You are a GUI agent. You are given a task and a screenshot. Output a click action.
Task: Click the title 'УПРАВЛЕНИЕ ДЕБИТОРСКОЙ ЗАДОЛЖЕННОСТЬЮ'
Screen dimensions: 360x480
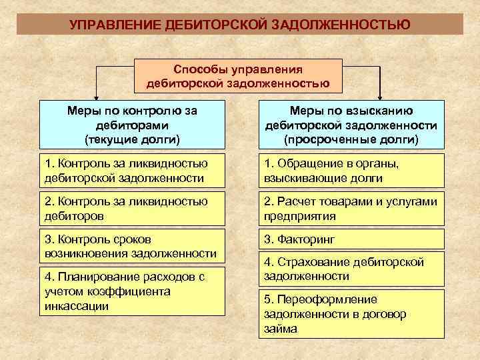[240, 25]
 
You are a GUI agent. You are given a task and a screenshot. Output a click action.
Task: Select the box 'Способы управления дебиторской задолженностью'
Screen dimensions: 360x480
[238, 76]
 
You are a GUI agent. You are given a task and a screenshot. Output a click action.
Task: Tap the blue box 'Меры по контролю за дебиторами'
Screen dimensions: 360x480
[132, 124]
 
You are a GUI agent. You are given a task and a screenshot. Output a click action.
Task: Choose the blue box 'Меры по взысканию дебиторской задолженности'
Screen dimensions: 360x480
[351, 124]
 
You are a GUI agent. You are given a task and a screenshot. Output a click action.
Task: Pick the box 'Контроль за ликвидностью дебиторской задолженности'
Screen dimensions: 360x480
[132, 170]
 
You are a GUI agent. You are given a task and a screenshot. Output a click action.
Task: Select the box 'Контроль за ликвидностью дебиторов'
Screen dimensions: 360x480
[132, 208]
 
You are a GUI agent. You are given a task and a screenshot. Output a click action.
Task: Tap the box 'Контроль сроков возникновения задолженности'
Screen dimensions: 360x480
[132, 246]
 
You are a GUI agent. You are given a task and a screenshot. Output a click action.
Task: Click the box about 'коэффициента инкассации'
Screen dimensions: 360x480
[132, 291]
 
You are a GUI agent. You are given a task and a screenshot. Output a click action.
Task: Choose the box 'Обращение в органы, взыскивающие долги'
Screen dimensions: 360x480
[351, 170]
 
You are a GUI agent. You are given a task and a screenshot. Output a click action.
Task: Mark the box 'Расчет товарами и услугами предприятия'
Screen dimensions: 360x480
[351, 208]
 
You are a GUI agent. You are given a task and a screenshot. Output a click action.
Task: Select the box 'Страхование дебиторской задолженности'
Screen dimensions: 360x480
[351, 269]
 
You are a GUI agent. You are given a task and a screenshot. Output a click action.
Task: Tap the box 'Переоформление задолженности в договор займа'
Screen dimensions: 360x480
[351, 313]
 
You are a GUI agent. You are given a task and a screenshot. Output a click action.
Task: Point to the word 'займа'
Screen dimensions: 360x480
[281, 329]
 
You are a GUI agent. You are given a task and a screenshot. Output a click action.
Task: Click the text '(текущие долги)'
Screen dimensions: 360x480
[132, 139]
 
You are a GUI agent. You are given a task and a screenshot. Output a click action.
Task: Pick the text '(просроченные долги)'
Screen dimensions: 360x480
[351, 139]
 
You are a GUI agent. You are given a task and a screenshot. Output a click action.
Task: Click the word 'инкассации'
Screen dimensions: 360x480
[76, 306]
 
